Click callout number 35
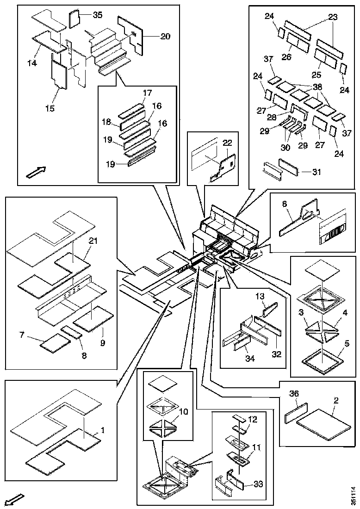point(98,15)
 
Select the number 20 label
point(153,37)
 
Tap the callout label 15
point(50,108)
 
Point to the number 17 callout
point(147,93)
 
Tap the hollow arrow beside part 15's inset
point(37,172)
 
